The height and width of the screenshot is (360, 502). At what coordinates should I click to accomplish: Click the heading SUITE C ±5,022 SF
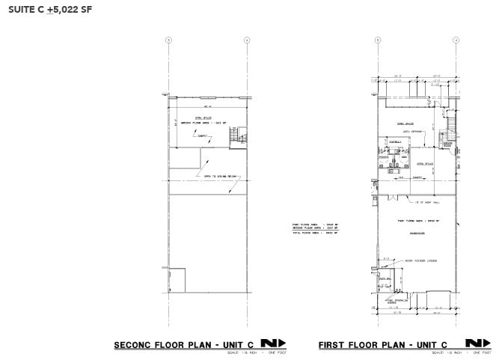coord(52,11)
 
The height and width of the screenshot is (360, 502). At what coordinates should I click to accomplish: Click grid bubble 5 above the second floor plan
coord(168,40)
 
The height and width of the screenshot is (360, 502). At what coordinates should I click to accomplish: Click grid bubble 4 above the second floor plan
coord(246,40)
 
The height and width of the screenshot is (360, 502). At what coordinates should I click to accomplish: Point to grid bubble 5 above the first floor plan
coord(378,40)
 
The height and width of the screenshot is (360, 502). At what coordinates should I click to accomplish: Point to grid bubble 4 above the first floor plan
coord(455,40)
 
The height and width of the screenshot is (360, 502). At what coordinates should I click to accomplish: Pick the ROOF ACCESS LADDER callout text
coord(422,261)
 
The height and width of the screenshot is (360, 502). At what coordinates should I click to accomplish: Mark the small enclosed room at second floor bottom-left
coord(177,280)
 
